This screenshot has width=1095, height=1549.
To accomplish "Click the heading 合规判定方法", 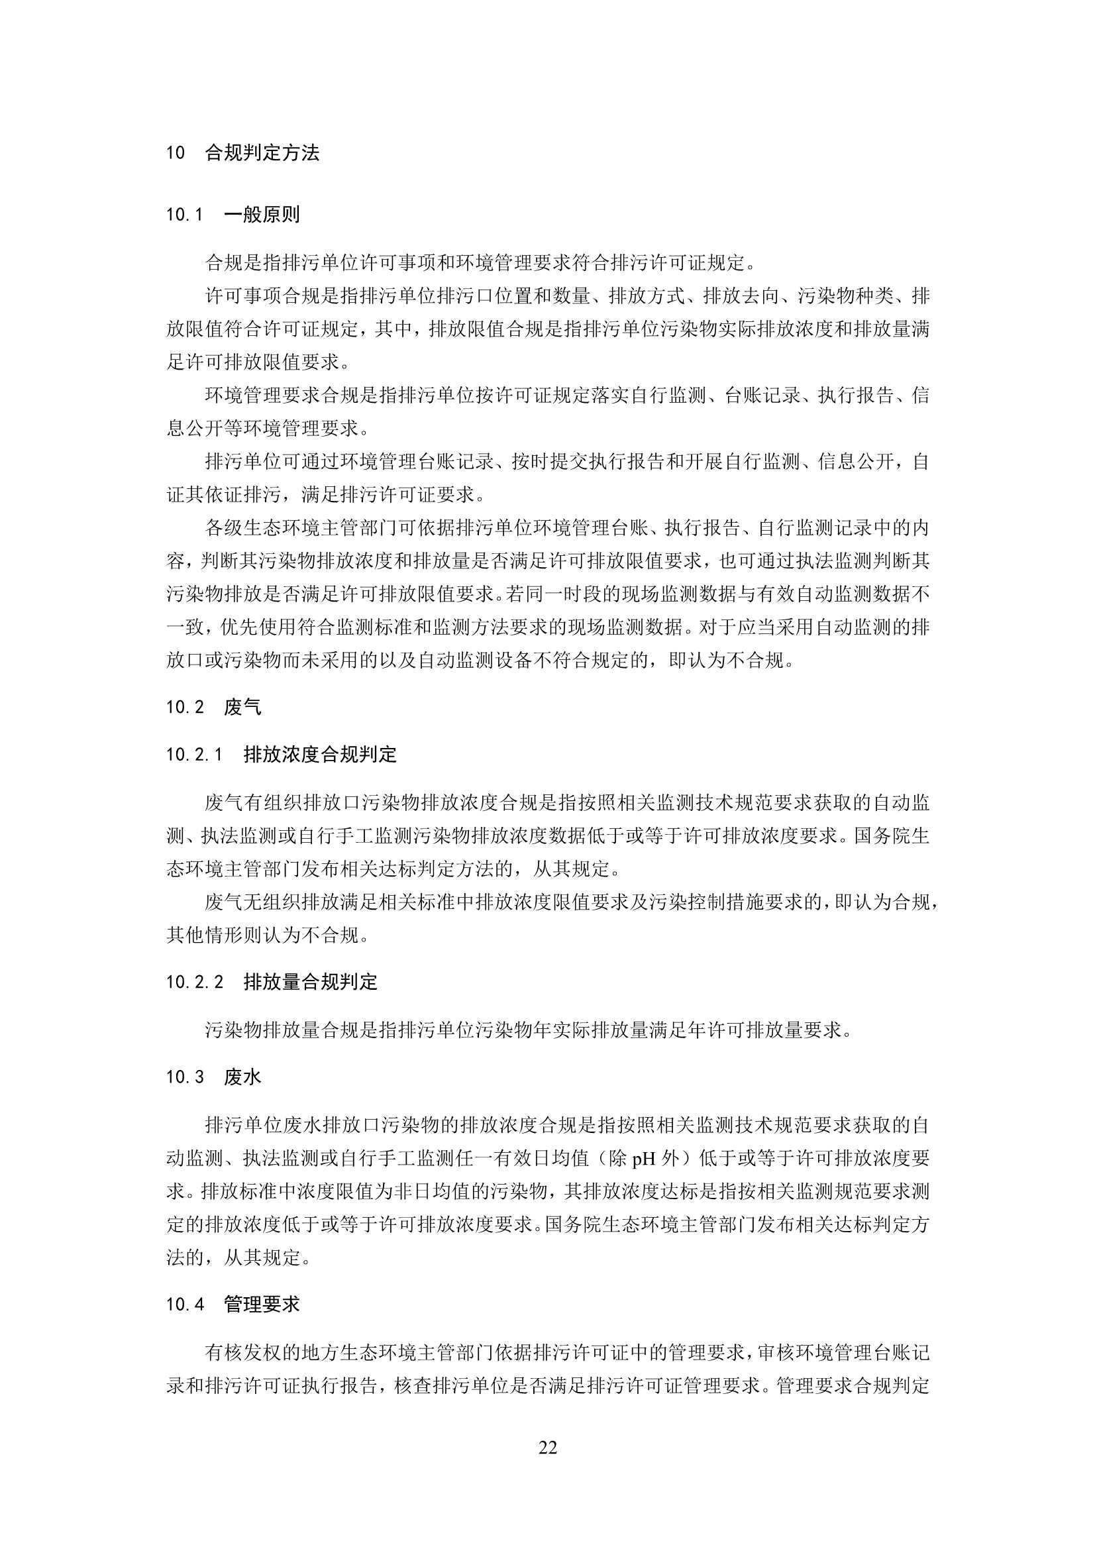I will pos(262,153).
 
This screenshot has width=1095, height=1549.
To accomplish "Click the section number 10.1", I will pos(184,215).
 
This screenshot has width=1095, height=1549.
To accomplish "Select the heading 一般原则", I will pos(262,215).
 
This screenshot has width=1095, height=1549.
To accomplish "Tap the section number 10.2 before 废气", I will pos(184,707).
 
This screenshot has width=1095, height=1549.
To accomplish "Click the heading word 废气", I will pos(242,707).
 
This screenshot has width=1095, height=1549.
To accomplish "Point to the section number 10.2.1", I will pos(194,754).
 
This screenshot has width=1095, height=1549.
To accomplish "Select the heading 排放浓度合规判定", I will pos(320,754).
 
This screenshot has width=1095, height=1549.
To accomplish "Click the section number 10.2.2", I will pos(194,982).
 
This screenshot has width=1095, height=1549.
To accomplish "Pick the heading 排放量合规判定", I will pos(311,982).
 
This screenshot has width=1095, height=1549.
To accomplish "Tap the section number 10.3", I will pos(184,1077).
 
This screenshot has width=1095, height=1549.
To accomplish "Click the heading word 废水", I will pos(242,1077).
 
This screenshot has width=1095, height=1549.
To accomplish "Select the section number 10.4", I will pos(184,1304).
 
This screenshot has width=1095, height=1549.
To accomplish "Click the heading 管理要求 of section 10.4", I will pos(262,1304).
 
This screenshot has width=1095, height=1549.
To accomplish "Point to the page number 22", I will pos(548,1447).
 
